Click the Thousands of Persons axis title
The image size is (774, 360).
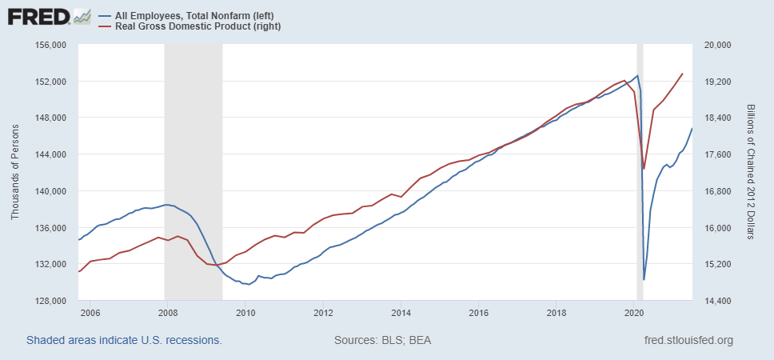point(15,173)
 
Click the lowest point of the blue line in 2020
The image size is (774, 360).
point(644,280)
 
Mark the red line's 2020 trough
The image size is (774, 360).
point(644,169)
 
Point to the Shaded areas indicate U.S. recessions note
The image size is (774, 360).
point(124,341)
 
